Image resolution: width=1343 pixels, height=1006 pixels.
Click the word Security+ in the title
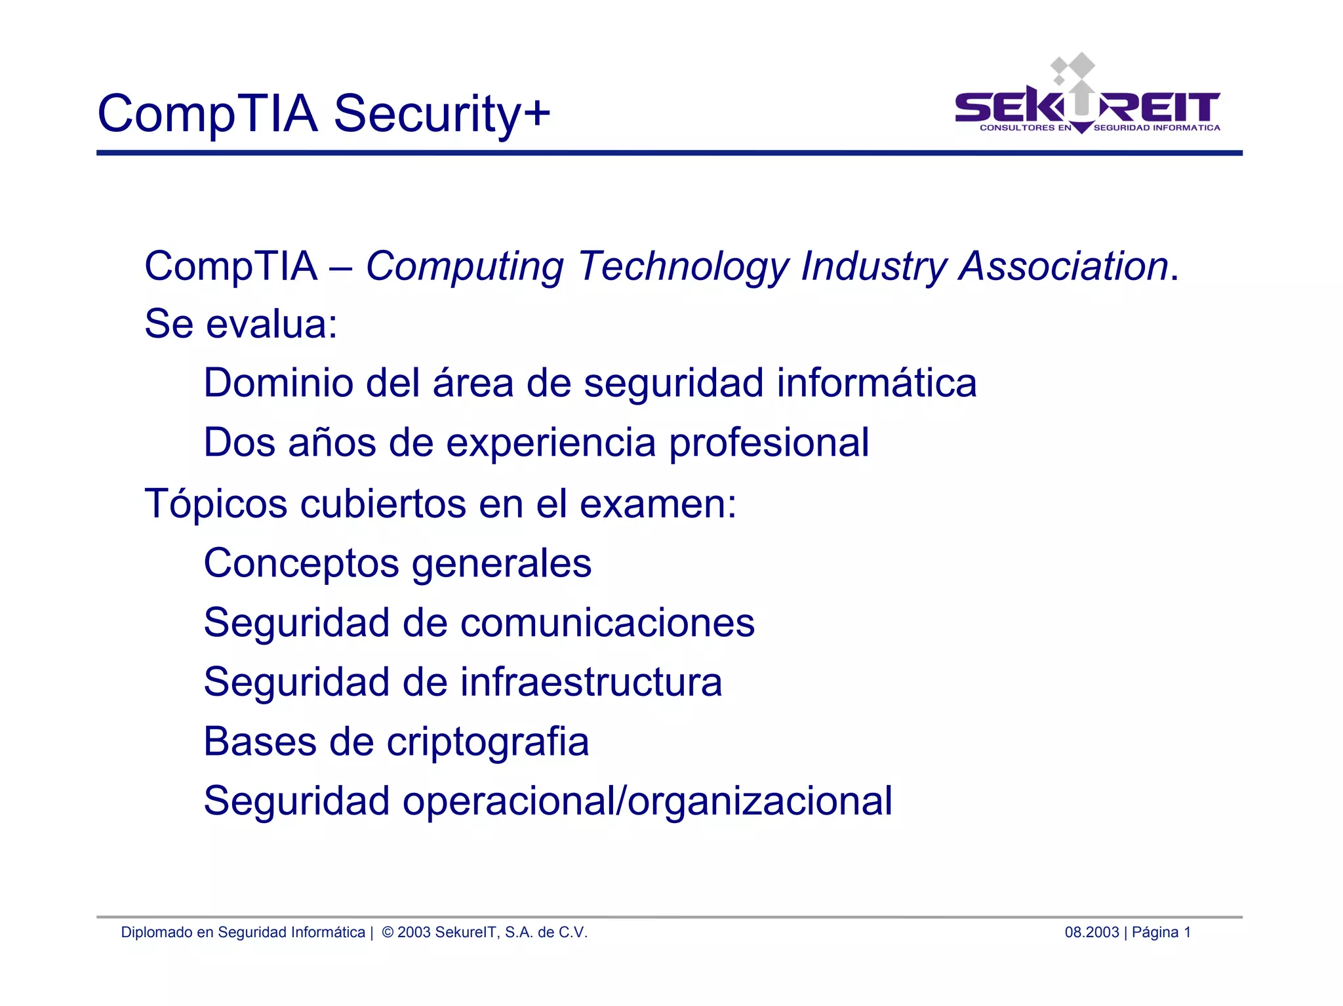[x=441, y=113]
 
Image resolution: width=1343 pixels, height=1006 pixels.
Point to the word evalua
[x=271, y=324]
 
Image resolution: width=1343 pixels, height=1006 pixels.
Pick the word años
[x=332, y=443]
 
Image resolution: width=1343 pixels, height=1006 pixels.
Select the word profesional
[x=769, y=443]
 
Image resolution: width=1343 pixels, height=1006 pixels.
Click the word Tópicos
[x=216, y=504]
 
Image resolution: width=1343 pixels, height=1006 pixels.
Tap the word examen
[x=658, y=504]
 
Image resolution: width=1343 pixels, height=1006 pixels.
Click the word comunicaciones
[x=607, y=622]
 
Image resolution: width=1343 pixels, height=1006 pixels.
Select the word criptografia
[x=487, y=742]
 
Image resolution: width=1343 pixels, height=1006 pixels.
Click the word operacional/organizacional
[x=647, y=801]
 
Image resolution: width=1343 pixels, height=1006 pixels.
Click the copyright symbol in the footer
[x=388, y=933]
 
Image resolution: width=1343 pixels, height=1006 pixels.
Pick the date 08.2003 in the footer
[x=1091, y=933]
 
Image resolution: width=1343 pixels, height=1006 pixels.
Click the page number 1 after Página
[x=1187, y=933]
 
